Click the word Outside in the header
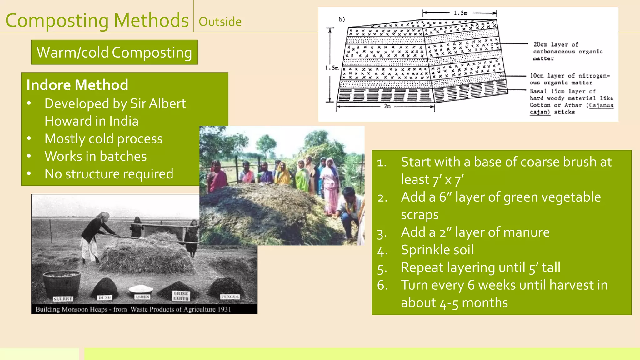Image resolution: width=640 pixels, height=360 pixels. click(x=220, y=22)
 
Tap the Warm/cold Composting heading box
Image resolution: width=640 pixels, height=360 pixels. click(x=114, y=52)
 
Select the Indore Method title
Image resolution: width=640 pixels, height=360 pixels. click(x=77, y=85)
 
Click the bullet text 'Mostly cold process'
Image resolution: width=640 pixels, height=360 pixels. click(x=103, y=139)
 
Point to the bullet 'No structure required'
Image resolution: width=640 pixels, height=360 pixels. click(x=109, y=174)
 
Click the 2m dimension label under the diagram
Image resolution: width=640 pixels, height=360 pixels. click(x=387, y=106)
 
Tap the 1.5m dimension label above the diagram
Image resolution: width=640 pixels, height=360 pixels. click(x=461, y=13)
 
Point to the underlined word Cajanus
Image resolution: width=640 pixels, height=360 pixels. click(x=601, y=105)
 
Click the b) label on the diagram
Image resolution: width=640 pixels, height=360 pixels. click(x=342, y=19)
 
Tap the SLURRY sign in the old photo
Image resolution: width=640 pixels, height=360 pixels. click(x=63, y=299)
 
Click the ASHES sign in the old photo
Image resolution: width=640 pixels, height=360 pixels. click(x=142, y=297)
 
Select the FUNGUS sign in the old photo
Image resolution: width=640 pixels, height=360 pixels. click(x=230, y=297)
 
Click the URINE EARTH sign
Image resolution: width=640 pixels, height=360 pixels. click(x=181, y=296)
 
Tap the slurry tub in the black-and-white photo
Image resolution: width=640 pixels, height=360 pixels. click(x=62, y=283)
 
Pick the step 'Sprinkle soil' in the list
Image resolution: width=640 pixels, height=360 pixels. click(x=437, y=250)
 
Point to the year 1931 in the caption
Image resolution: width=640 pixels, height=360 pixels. click(x=224, y=309)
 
